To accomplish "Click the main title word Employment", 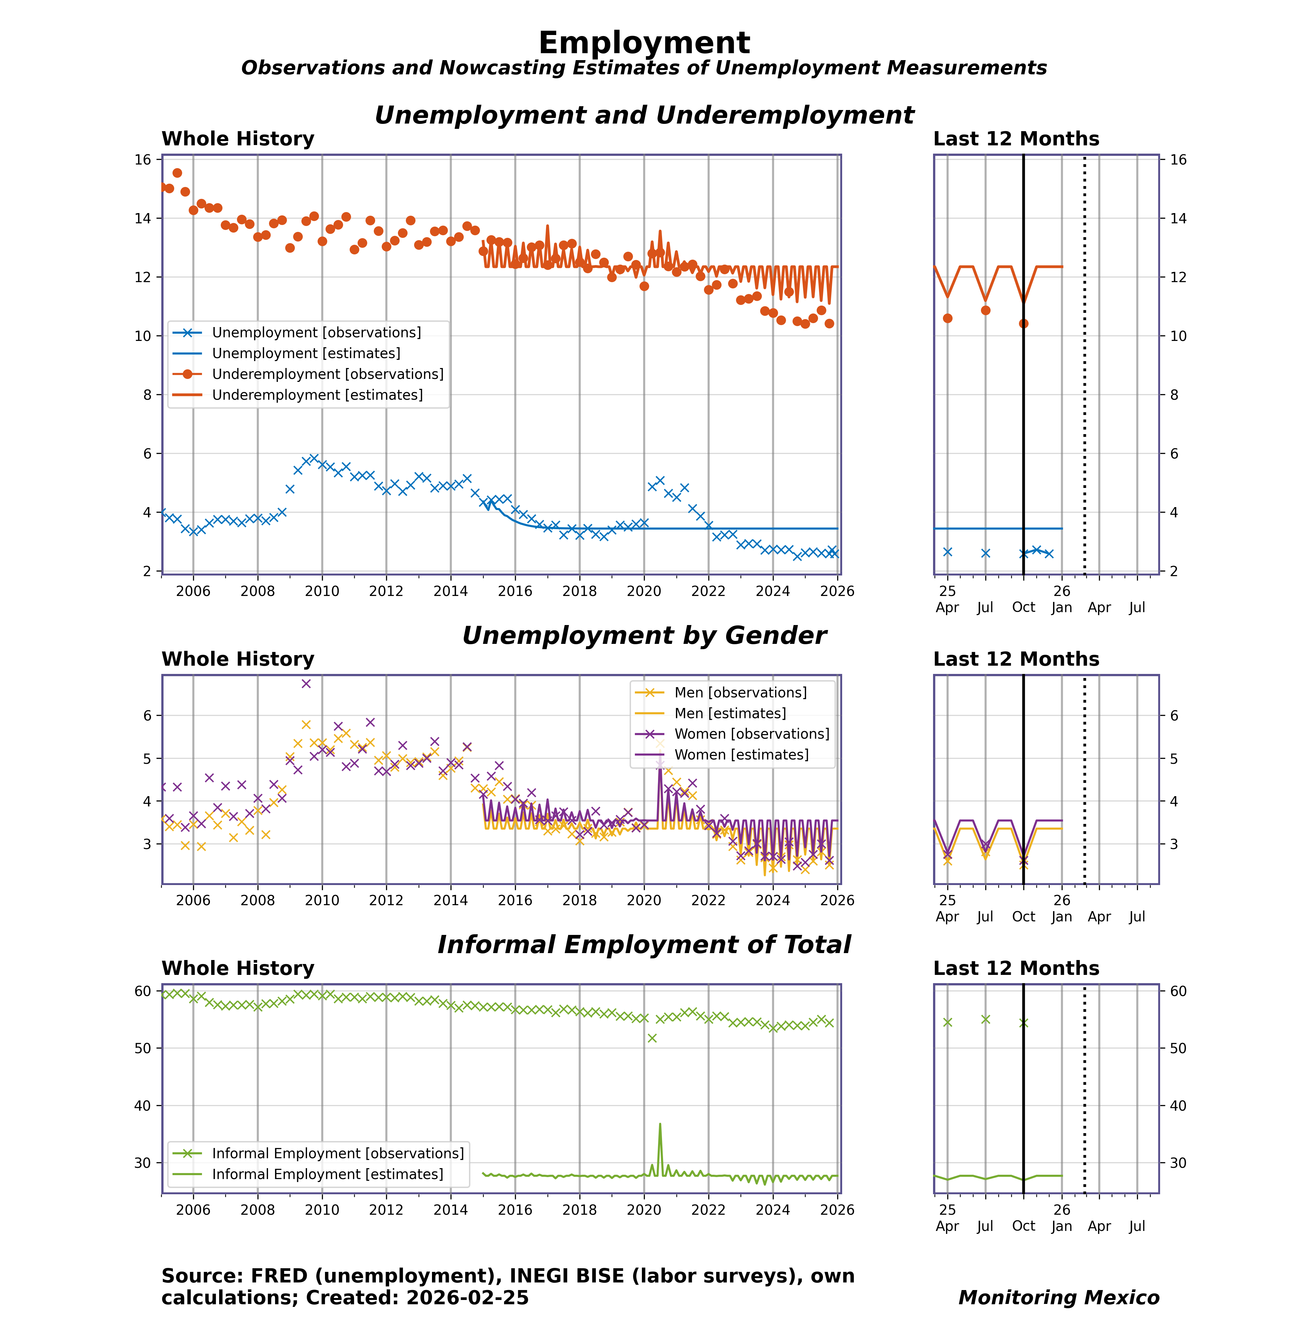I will (644, 43).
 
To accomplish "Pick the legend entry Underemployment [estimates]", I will (317, 395).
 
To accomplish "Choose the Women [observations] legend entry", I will (751, 734).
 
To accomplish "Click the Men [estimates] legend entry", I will (729, 714).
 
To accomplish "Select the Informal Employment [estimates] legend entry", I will (327, 1174).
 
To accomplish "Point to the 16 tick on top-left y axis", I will (143, 160).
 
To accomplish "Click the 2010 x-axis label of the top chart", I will (322, 591).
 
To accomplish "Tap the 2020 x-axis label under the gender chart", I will (644, 901).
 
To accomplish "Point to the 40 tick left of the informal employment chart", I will (143, 1106).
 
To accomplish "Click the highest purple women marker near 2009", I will (306, 684).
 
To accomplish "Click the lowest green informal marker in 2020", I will (652, 1039).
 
